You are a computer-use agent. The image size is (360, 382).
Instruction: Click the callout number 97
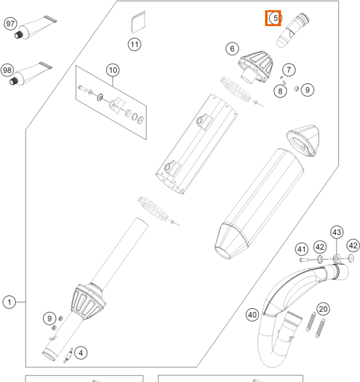coord(10,24)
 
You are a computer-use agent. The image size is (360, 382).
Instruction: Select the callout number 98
coord(7,70)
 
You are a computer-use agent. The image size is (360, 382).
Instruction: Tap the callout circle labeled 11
coord(134,45)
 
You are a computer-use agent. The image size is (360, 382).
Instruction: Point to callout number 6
coord(232,49)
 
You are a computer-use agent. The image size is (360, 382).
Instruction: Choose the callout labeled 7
coord(289,70)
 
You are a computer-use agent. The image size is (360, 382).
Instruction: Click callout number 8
coord(280,91)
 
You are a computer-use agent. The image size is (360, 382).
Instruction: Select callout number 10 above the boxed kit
coord(113,70)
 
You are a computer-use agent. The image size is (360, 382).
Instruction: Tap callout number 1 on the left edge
coord(10,302)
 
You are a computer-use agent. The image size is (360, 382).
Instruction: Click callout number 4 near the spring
coord(81,353)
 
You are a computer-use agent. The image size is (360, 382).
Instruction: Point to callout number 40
coord(252,315)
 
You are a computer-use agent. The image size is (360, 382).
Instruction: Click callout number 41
coord(301,249)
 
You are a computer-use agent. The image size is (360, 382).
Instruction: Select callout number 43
coord(337,232)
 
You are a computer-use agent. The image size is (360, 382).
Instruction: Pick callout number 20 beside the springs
coord(323,309)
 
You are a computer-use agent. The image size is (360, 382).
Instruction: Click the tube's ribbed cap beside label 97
coord(18,35)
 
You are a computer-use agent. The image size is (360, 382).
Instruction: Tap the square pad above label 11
coord(138,22)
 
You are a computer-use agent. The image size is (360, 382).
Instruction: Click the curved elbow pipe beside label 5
coord(292,30)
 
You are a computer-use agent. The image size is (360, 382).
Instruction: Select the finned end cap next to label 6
coord(256,67)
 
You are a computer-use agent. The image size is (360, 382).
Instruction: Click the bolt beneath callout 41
coord(304,260)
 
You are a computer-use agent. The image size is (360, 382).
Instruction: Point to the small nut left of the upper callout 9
coord(296,88)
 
